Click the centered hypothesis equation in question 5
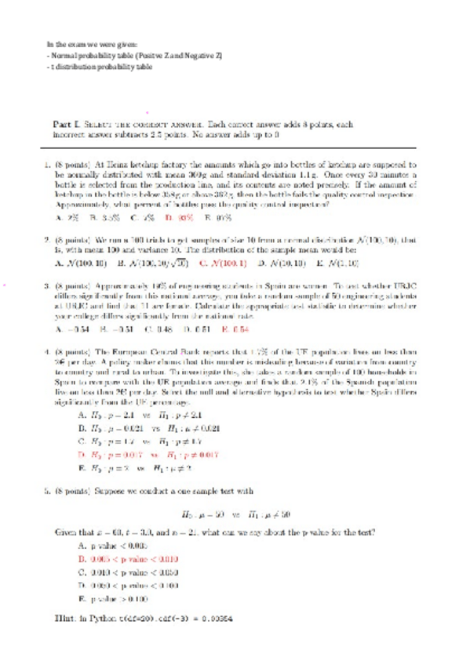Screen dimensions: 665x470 235,514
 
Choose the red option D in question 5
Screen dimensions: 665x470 129,559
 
